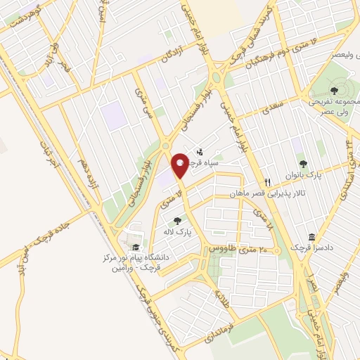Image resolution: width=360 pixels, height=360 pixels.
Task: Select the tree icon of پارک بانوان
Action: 303,164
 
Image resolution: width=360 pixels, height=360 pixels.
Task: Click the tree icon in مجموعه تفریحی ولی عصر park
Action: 330,90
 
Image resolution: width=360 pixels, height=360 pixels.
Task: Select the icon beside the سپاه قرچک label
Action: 200,150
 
